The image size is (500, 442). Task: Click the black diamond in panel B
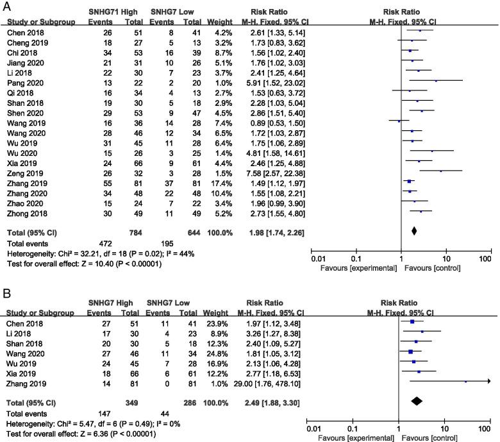[x=416, y=401]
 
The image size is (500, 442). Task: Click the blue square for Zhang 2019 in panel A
[x=409, y=182]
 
